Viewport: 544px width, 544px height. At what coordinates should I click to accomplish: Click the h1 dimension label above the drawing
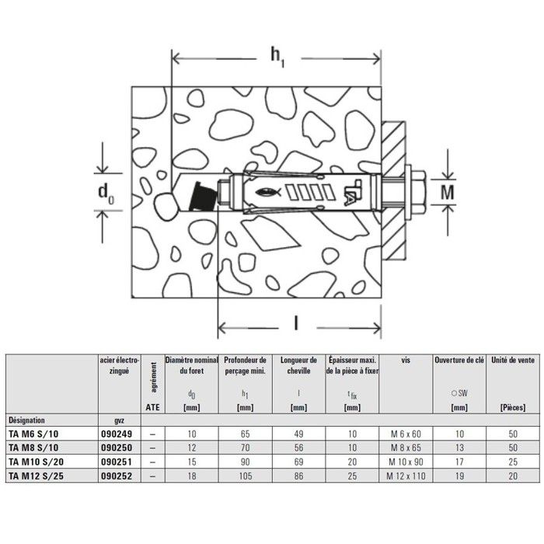[x=277, y=55]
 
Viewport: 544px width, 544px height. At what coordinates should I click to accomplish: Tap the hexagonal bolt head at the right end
[x=417, y=190]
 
